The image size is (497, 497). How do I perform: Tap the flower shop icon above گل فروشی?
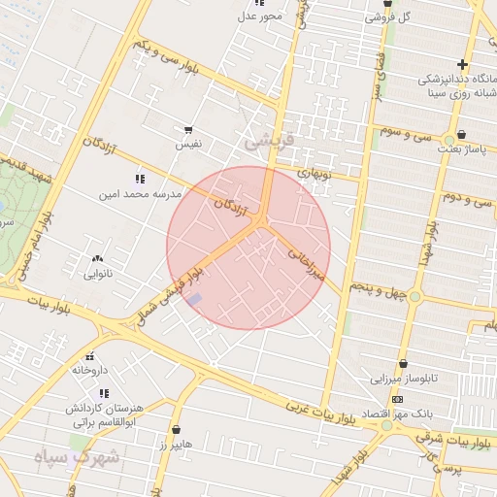(388, 4)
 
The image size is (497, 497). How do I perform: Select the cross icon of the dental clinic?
(462, 65)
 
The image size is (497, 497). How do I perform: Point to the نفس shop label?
(187, 143)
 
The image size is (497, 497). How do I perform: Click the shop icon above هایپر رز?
(176, 428)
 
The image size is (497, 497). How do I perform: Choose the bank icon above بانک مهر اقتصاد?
(397, 400)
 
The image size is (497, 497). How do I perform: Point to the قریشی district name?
(266, 141)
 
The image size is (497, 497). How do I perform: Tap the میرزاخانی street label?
(303, 261)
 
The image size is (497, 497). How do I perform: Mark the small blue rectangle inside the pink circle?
(195, 299)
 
